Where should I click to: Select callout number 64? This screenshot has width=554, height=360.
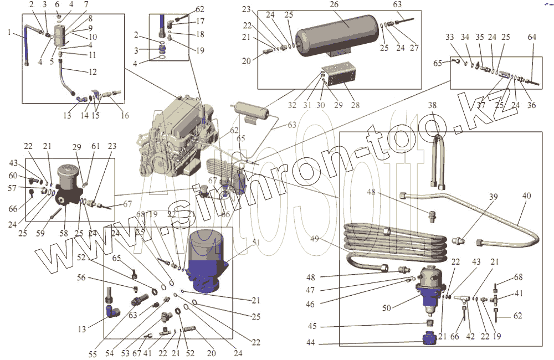[531, 37]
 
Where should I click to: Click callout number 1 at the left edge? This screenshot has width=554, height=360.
[9, 32]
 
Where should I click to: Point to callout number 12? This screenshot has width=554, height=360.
[93, 71]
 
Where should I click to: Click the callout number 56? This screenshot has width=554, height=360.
[81, 278]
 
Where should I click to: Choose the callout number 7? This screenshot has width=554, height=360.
[86, 4]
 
